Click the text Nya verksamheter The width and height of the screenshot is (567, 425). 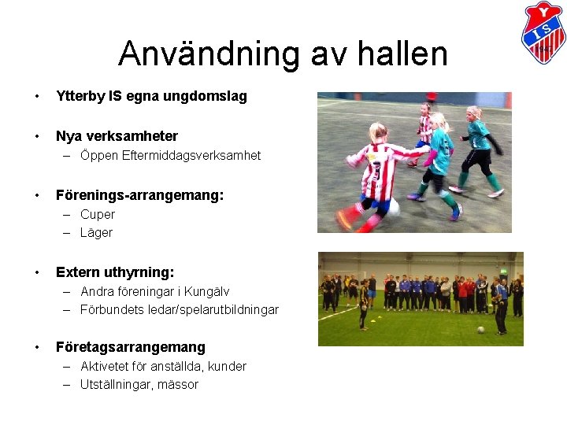117,136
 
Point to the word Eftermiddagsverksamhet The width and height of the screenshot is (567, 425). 191,156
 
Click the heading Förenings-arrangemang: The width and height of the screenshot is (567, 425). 139,194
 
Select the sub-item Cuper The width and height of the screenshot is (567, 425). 98,214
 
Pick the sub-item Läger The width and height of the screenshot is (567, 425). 96,232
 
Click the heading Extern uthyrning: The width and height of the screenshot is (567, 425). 115,272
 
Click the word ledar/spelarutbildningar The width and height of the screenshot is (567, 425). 211,309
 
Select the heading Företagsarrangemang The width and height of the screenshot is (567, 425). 130,347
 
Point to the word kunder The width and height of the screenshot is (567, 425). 228,366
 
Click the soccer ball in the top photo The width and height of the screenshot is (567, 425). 393,208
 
